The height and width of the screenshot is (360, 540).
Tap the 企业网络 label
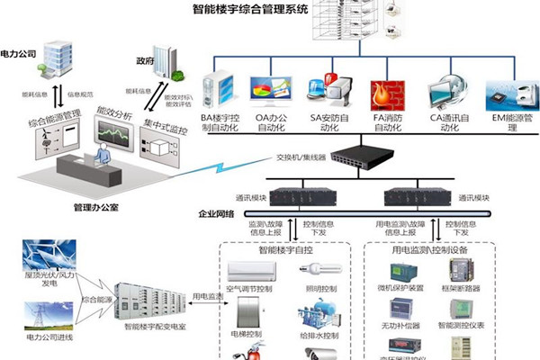coord(216,215)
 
